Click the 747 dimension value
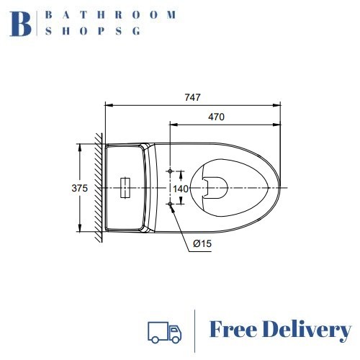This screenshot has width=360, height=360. click(192, 97)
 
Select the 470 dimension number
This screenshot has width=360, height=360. click(216, 117)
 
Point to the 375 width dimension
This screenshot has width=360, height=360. click(80, 189)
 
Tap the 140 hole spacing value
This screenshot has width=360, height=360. click(181, 189)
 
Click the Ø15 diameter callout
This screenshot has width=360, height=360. click(202, 244)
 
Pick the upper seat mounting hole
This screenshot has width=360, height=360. click(170, 171)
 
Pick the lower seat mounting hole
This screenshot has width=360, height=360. click(170, 204)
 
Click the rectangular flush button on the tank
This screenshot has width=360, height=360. click(125, 188)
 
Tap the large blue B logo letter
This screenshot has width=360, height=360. click(20, 24)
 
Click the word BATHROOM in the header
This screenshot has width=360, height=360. click(111, 15)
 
